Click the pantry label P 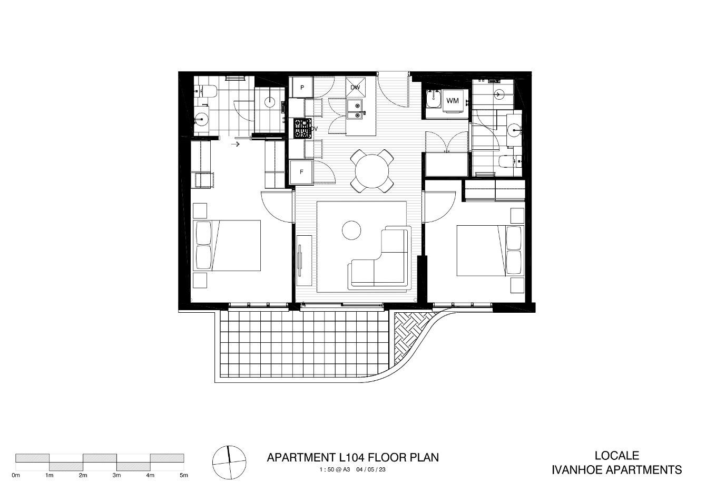point(302,88)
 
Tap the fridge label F point(301,172)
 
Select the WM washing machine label point(453,101)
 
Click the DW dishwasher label point(356,88)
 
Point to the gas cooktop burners point(302,128)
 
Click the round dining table point(372,171)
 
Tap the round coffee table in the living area point(351,230)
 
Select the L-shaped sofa point(379,257)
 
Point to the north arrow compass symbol point(230,463)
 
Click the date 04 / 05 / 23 point(371,469)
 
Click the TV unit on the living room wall point(304,261)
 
